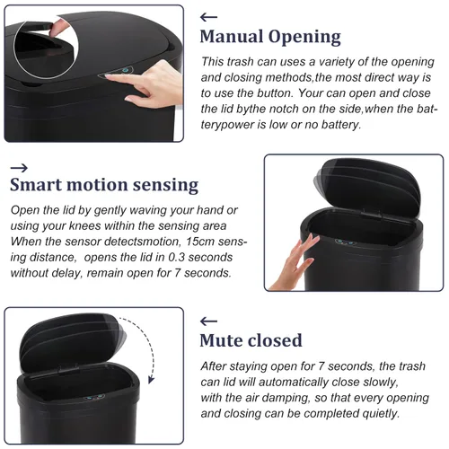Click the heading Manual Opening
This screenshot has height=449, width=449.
click(270, 37)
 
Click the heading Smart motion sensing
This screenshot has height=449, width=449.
click(104, 185)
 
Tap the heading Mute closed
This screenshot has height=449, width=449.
click(251, 340)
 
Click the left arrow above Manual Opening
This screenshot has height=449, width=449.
click(208, 17)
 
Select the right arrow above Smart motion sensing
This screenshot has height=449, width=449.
click(19, 168)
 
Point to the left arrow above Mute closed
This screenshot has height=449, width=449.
click(208, 321)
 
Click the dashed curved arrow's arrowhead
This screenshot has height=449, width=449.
click(152, 380)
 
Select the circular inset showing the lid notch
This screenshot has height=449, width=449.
click(46, 46)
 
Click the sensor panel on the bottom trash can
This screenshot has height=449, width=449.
click(93, 399)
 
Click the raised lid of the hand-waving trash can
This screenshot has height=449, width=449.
click(367, 183)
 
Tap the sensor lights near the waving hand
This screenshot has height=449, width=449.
click(345, 242)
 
